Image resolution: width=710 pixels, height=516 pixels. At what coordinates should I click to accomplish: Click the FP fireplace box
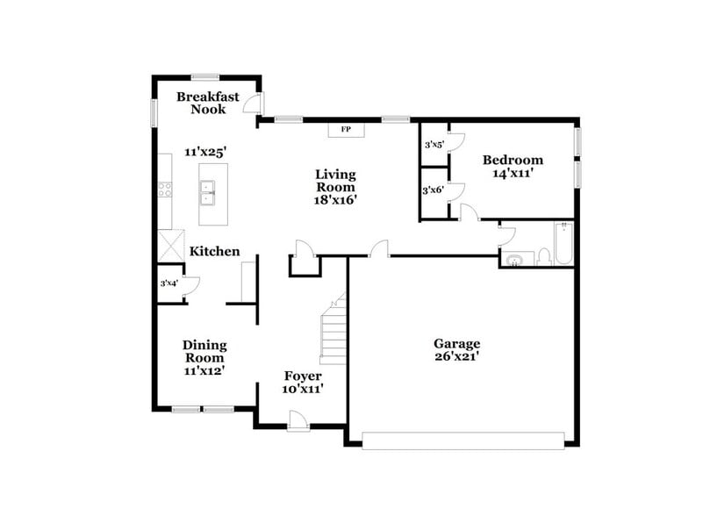coord(346,130)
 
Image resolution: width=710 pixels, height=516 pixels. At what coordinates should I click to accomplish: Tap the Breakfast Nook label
coord(207,103)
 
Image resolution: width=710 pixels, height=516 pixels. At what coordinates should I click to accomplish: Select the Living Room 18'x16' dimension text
coord(336,200)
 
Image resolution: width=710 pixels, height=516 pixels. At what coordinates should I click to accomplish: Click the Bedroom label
coord(513,160)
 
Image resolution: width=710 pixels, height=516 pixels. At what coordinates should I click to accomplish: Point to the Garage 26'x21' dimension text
coord(456,356)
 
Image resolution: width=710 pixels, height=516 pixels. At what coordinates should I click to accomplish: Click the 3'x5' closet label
coord(434,145)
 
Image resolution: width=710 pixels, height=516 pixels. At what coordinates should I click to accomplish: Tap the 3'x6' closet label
coord(433,190)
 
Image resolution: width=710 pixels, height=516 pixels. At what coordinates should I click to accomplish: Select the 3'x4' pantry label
coord(169,283)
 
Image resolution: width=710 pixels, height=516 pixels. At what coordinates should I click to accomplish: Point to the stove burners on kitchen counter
coord(163,188)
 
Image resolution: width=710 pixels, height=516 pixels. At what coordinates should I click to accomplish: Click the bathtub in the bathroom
coord(563,243)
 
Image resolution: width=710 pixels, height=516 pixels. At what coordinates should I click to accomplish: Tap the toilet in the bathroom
coord(543,256)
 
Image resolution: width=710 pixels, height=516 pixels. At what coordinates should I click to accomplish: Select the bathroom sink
coord(515,259)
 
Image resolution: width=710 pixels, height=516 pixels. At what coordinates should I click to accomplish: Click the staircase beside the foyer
coord(333,332)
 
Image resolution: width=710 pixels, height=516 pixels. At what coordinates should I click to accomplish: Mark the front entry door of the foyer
coord(299,425)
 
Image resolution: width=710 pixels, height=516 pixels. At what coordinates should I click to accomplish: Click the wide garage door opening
coord(463,440)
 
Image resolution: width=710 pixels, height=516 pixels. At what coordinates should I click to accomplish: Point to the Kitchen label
coord(215,252)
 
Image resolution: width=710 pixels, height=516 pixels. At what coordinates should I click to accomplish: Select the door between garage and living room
coord(377,252)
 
